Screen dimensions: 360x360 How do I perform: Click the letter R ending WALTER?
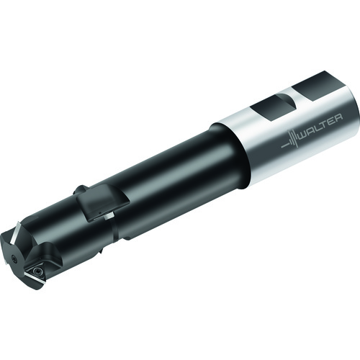338,118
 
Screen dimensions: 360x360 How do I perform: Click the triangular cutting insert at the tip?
35,271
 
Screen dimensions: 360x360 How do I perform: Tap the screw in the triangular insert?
37,270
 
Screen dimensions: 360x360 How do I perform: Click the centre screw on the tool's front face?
13,258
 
